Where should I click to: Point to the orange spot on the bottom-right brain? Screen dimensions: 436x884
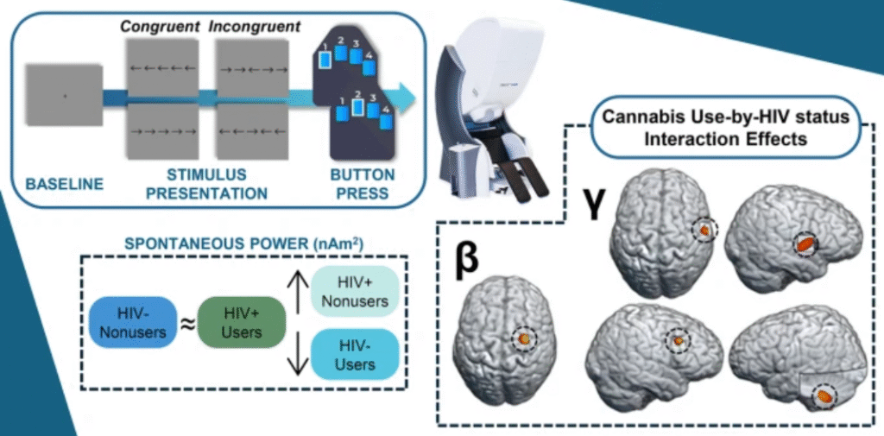[x=825, y=397]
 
